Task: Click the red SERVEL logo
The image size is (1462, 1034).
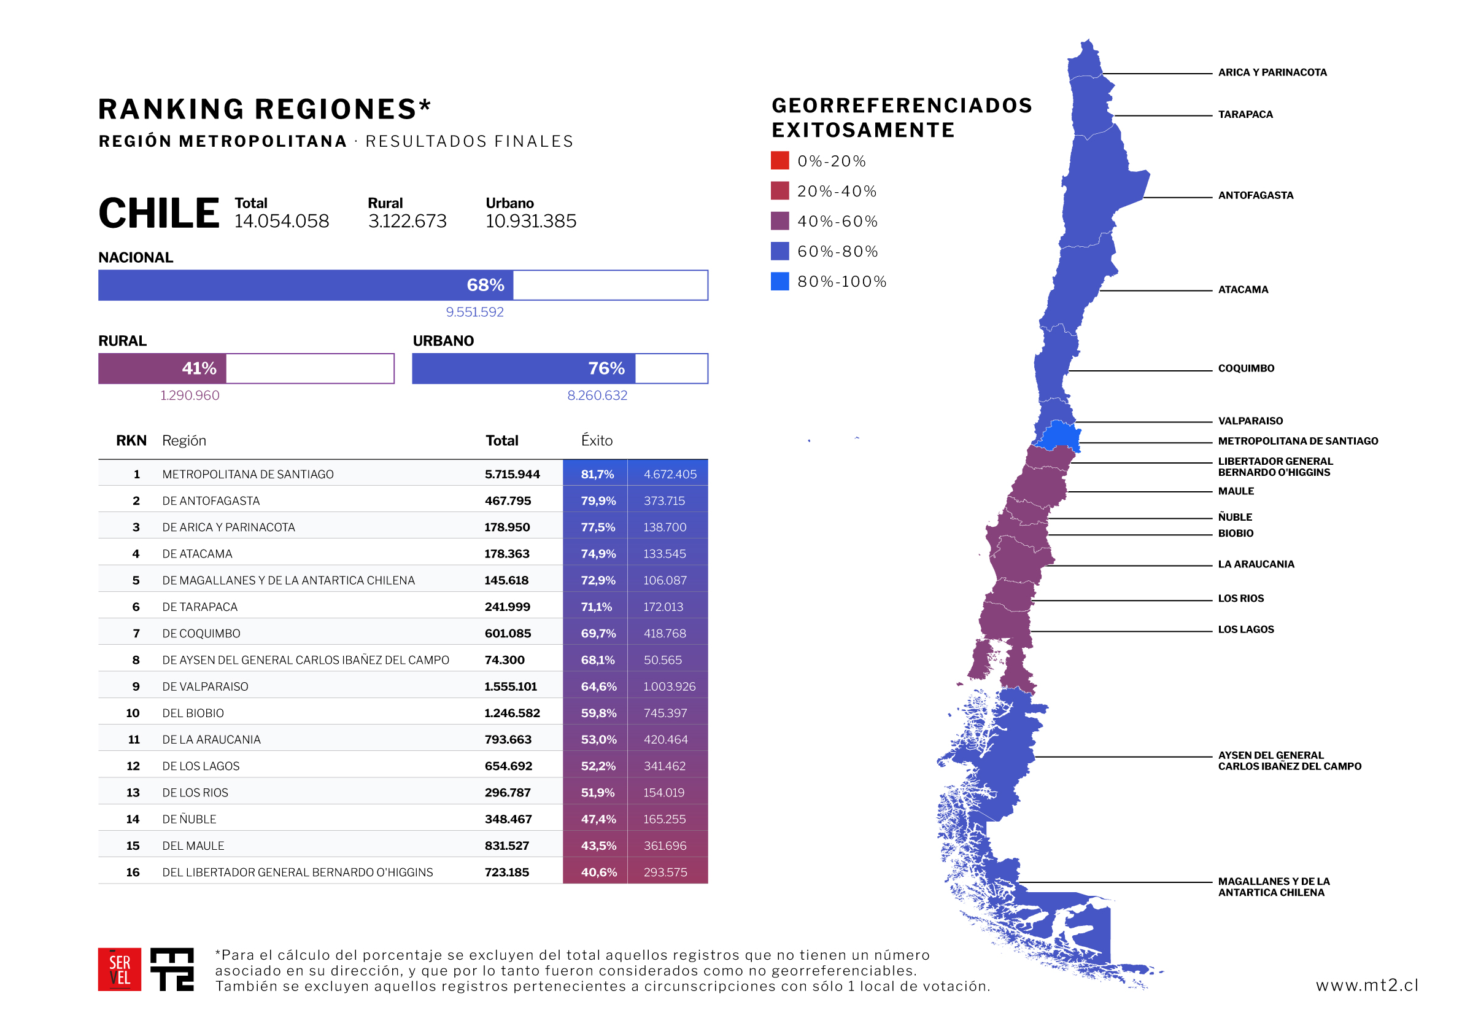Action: click(119, 969)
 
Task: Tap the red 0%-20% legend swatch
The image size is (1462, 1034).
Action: click(779, 160)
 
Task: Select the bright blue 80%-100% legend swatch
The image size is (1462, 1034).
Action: click(779, 281)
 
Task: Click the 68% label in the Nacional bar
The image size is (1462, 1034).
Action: click(485, 285)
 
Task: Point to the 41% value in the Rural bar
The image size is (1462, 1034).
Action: click(199, 368)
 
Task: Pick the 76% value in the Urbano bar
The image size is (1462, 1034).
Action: click(606, 368)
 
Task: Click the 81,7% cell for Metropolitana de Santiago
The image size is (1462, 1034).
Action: click(597, 474)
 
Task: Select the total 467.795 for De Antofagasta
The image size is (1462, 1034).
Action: click(508, 501)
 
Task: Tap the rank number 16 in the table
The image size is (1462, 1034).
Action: click(133, 872)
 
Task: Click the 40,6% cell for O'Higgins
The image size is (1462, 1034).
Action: click(598, 872)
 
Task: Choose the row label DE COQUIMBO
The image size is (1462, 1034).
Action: click(201, 633)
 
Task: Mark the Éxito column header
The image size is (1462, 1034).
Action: click(596, 440)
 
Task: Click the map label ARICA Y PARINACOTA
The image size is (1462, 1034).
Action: click(1272, 72)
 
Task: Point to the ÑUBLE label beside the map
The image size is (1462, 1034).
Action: click(1235, 516)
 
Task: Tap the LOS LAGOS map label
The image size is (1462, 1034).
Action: click(1245, 629)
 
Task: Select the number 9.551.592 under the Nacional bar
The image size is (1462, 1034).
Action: click(474, 312)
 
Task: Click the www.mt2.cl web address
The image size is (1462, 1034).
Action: click(1366, 985)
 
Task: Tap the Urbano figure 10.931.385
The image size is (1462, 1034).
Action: click(530, 221)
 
